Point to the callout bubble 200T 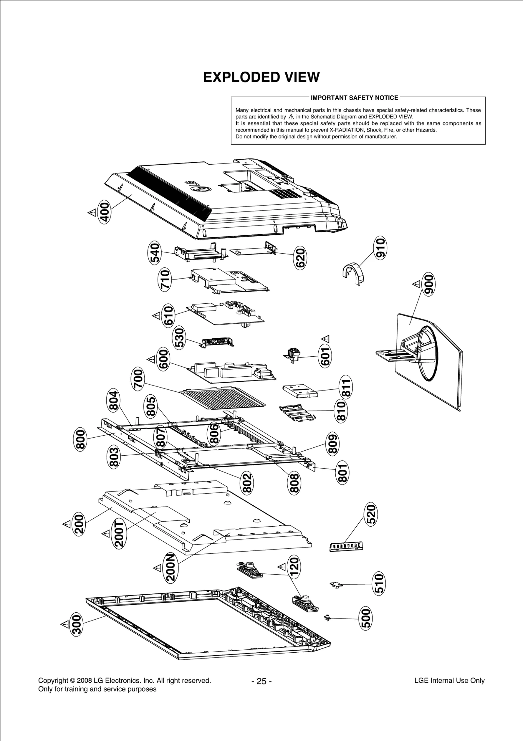coord(119,534)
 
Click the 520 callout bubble coord(371,515)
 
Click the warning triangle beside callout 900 coord(416,284)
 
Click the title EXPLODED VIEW coord(261,77)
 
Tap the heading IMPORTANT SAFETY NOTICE coord(354,98)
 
